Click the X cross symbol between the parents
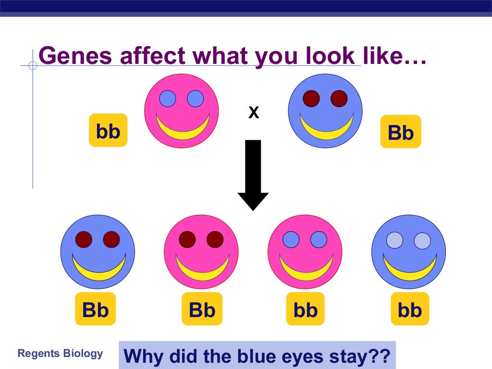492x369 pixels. point(253,113)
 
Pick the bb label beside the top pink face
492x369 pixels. point(108,130)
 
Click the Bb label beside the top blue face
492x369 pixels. point(401,132)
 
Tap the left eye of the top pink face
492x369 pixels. point(168,98)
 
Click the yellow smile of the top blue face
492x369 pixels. point(326,130)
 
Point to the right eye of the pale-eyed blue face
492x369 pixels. point(422,240)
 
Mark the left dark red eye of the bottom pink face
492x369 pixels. point(187,239)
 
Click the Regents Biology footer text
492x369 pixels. point(60,354)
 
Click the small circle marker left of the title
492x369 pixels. point(33,65)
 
